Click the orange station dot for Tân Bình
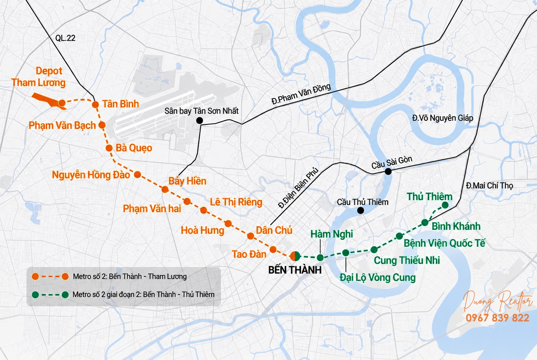95,104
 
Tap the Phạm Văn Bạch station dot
102,125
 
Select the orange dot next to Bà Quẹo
109,148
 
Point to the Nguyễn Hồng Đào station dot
137,175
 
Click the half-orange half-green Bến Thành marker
295,256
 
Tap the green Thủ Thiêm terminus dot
445,205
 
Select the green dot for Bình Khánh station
425,222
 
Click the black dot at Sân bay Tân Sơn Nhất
199,121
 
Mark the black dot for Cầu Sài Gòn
388,171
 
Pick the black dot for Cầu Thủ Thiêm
360,210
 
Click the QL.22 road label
65,38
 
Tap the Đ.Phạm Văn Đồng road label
301,94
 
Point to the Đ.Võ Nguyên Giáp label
442,118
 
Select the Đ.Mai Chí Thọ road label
489,185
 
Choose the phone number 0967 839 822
497,318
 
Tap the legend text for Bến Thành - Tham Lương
130,277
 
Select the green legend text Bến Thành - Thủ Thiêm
143,294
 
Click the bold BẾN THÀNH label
295,270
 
